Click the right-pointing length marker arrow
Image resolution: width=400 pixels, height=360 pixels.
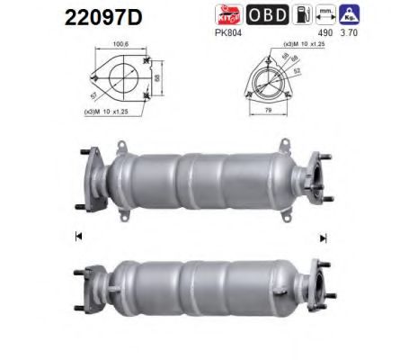321,236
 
